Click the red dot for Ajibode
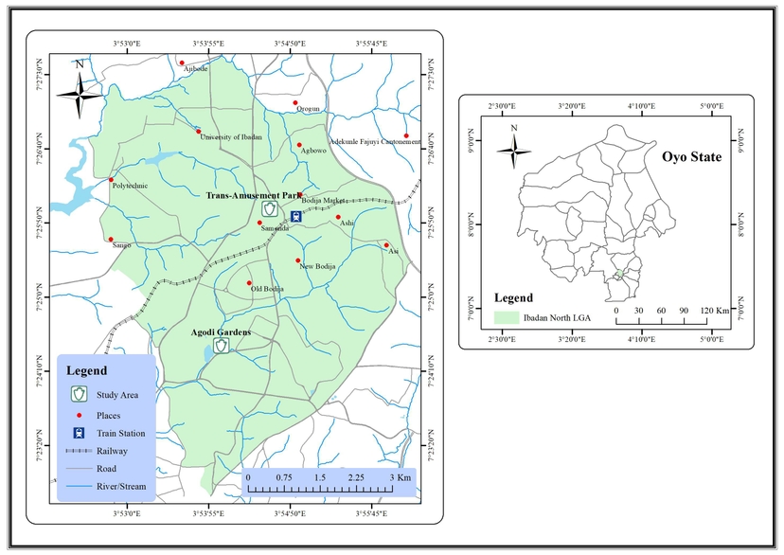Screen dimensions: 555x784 [x=182, y=63]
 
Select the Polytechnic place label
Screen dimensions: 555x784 [x=130, y=186]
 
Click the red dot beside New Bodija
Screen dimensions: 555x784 [x=298, y=260]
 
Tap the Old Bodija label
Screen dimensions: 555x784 [x=267, y=288]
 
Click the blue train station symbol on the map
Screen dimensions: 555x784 [x=296, y=216]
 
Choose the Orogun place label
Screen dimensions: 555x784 [x=309, y=109]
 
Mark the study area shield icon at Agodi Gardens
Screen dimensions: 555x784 [x=222, y=346]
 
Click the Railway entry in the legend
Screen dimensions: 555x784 [x=112, y=451]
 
